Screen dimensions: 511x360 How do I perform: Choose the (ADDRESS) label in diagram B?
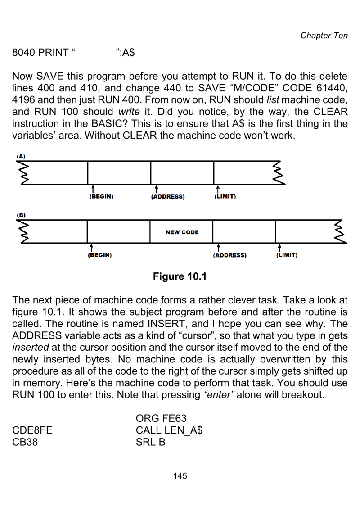click(229, 256)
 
